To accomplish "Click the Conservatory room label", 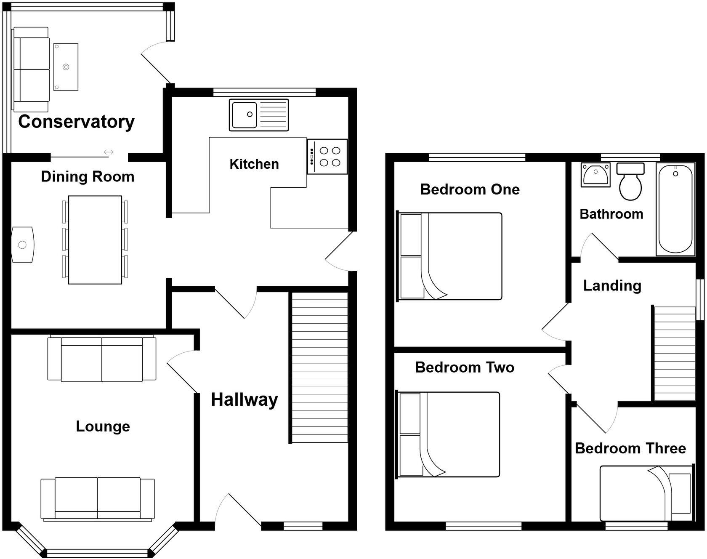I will pos(76,122).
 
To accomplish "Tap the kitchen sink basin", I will pos(244,114).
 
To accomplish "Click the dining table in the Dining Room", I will pos(95,240).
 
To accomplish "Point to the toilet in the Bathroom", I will pos(630,185).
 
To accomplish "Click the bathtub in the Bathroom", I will pos(675,209).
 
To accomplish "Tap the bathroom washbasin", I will pos(595,175).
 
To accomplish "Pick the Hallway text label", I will pos(244,399).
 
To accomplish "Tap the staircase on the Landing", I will pos(674,354).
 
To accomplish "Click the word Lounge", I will pos(103,426).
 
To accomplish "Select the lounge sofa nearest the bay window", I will pos(98,499).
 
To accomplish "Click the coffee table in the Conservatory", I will pos(66,67).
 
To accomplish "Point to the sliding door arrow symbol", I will pos(109,152).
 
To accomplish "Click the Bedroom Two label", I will pos(465,367).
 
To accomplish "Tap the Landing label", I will pos(612,286).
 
